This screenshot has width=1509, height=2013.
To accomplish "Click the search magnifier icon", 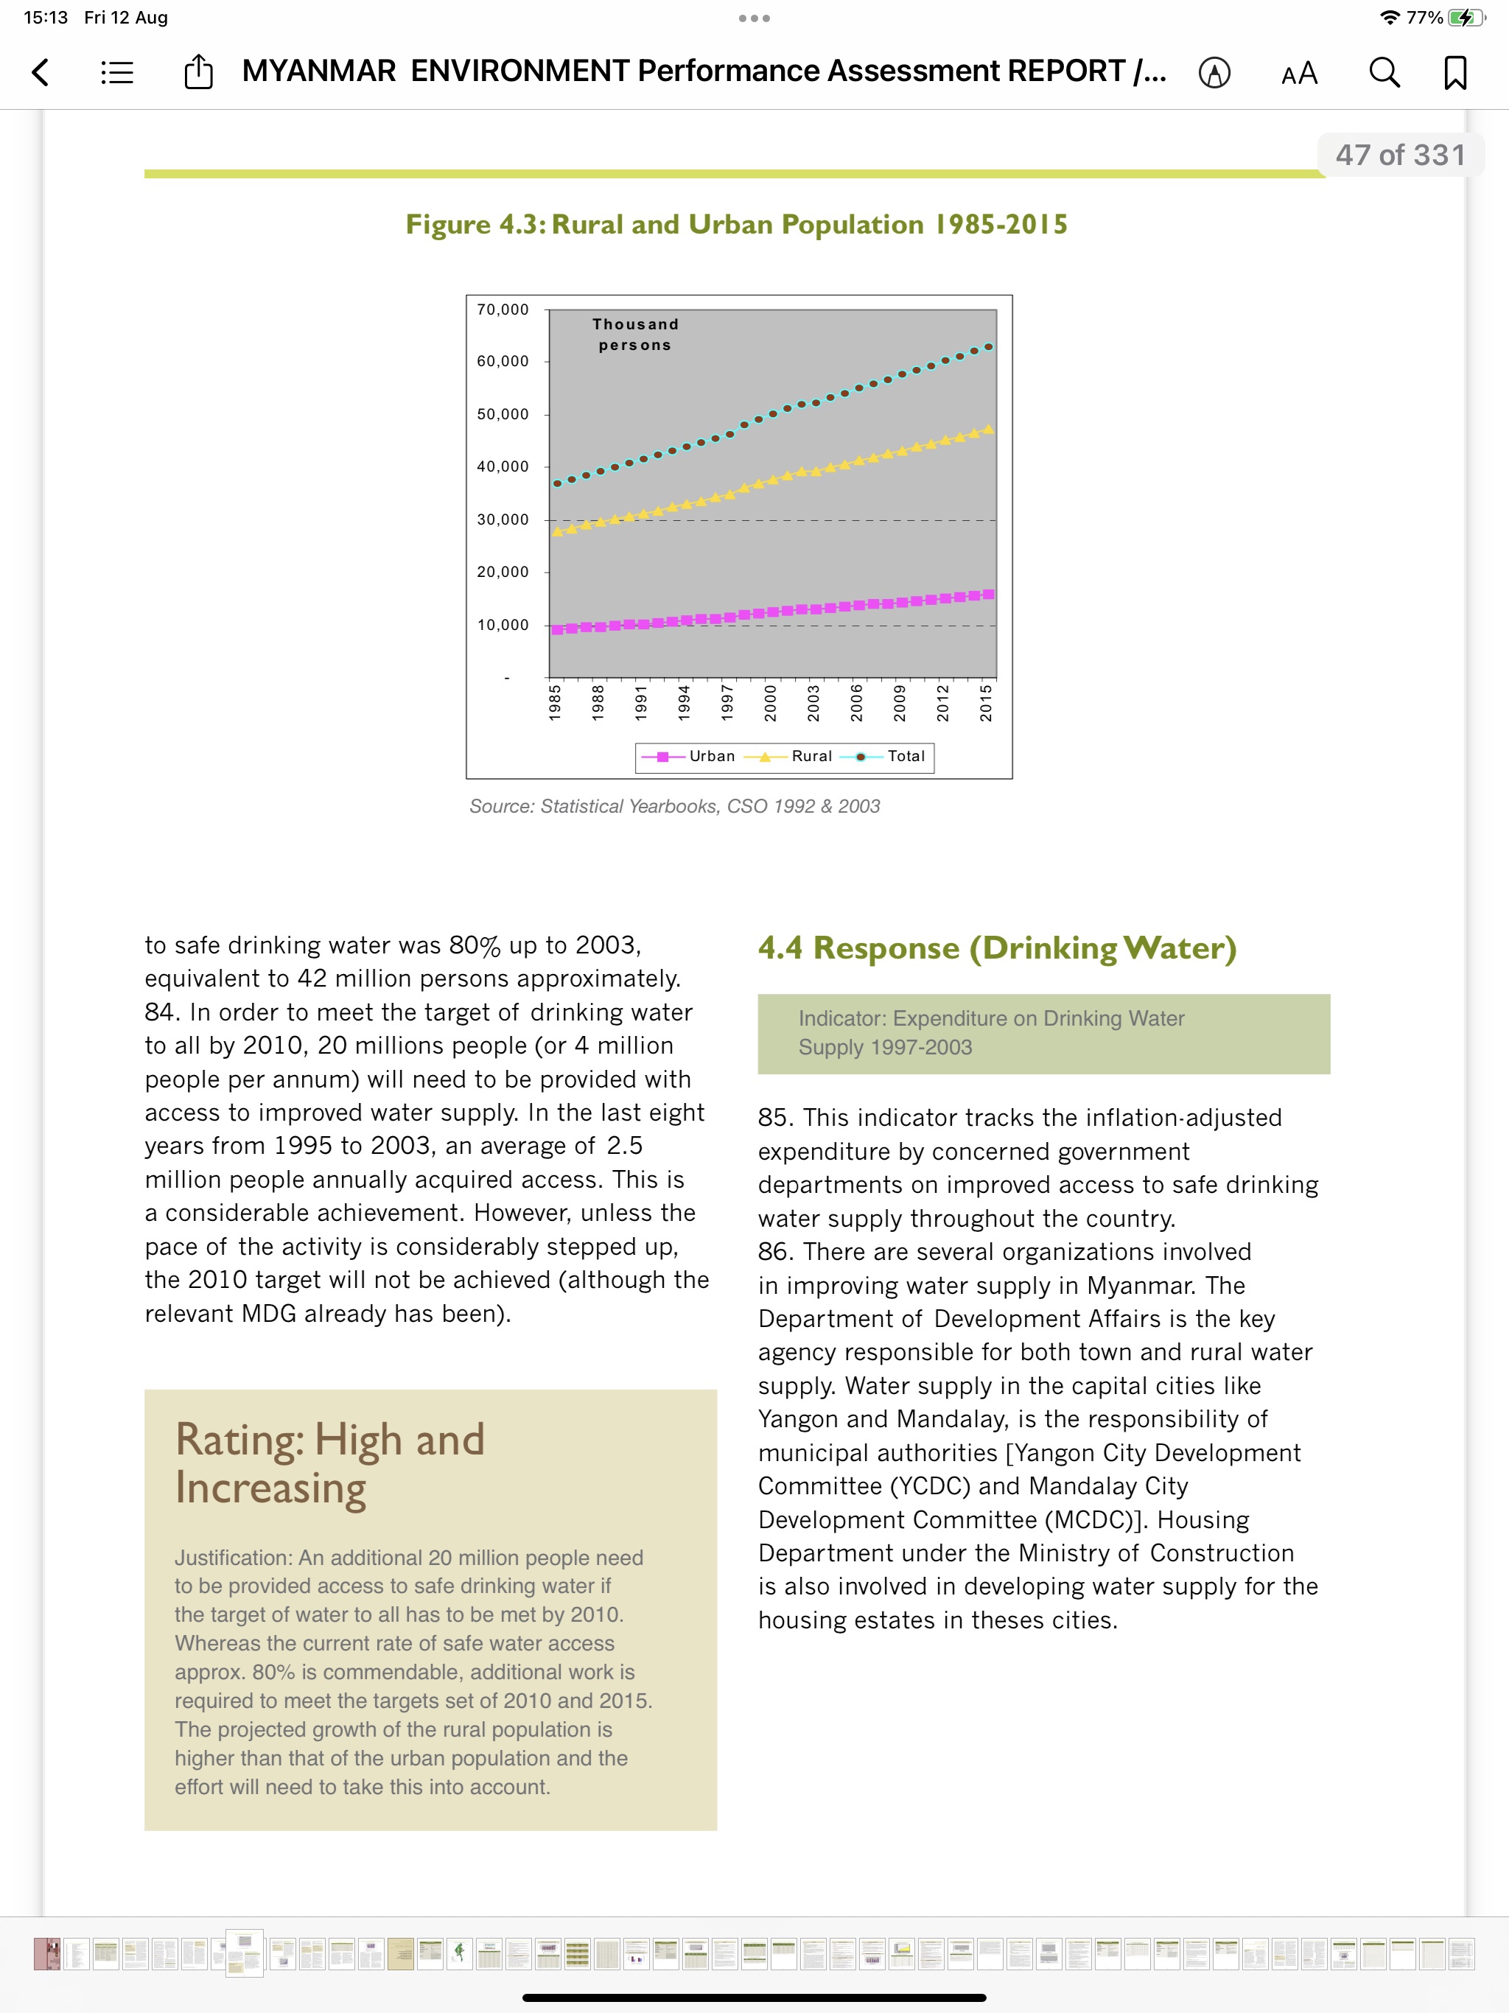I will [1384, 73].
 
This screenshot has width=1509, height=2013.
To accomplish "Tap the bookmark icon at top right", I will [1455, 73].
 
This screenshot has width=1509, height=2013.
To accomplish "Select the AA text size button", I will [1299, 74].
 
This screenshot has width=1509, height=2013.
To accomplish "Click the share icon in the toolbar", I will [198, 72].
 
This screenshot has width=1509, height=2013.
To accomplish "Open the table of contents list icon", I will [117, 73].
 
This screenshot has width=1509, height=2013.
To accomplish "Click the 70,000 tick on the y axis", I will [503, 310].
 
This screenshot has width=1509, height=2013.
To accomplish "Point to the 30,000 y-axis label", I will [503, 519].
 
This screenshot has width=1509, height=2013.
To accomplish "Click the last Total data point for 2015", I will [988, 348].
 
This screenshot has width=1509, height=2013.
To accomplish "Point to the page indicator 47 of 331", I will [1401, 155].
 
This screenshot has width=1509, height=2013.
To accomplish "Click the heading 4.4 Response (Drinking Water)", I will [997, 948].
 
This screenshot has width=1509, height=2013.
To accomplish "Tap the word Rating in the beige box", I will [239, 1440].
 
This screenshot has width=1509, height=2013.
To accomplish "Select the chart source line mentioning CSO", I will [674, 806].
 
